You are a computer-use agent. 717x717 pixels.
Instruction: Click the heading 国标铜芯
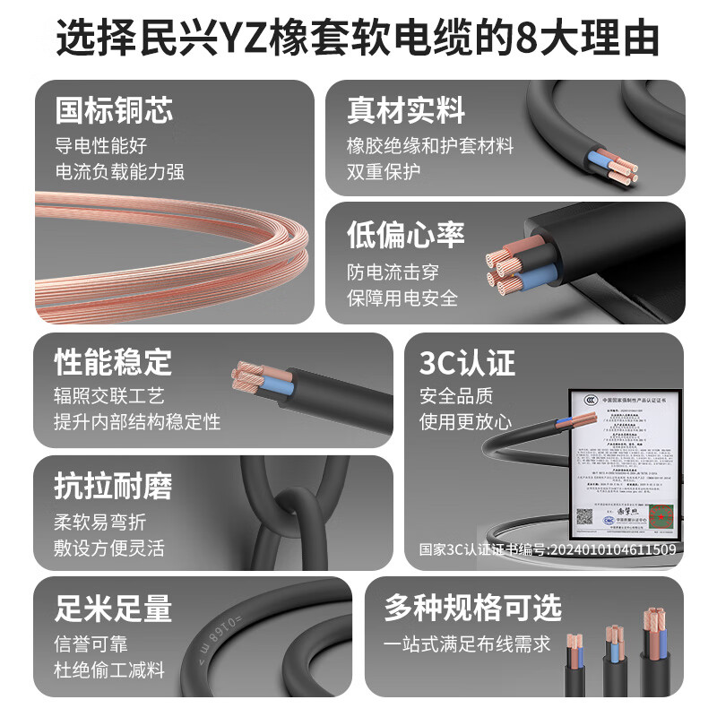click(114, 110)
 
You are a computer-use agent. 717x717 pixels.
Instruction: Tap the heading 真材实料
click(406, 110)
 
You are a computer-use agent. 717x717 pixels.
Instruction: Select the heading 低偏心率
click(406, 235)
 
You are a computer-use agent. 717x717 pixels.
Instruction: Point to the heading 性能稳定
click(113, 363)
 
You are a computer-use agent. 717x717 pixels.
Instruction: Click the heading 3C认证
click(467, 363)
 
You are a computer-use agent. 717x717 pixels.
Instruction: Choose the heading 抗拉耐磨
click(113, 487)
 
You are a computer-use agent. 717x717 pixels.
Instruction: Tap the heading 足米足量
click(113, 609)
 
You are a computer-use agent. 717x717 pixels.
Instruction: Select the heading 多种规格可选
click(473, 609)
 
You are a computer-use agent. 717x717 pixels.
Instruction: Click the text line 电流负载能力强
click(119, 171)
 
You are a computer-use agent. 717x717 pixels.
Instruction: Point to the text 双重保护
click(384, 171)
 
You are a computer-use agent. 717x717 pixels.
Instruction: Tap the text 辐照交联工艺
click(109, 395)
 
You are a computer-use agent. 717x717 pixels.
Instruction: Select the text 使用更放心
click(465, 421)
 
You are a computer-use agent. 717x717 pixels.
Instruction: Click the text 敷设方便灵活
click(109, 548)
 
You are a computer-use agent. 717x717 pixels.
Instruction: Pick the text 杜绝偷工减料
click(109, 669)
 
